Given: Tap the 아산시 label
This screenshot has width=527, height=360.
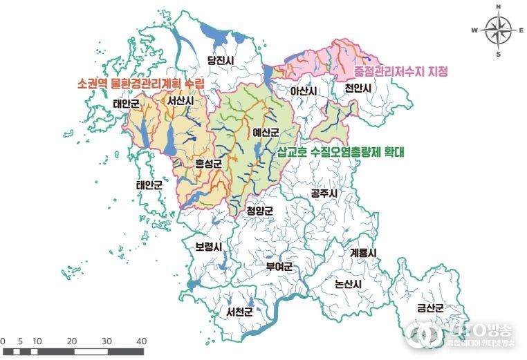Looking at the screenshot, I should tap(303, 91).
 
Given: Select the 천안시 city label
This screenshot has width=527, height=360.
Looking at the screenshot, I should tap(358, 89).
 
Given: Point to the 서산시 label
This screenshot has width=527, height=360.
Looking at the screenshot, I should tap(180, 101).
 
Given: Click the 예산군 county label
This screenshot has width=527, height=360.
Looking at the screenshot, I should tap(266, 132).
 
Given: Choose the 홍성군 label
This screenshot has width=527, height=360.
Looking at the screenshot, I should tap(207, 164).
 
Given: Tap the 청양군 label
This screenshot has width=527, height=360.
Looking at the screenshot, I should tap(260, 211).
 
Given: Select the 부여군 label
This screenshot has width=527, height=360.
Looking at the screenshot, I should tap(279, 266).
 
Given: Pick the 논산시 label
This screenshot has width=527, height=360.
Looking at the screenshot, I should tap(347, 283).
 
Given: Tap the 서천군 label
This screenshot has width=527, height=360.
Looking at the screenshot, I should tap(239, 312).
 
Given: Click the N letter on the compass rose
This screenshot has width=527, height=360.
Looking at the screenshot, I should tap(498, 7).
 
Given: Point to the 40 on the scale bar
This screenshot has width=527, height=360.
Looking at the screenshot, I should tap(141, 341).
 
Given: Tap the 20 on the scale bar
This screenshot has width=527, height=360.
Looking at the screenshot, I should tap(72, 341).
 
